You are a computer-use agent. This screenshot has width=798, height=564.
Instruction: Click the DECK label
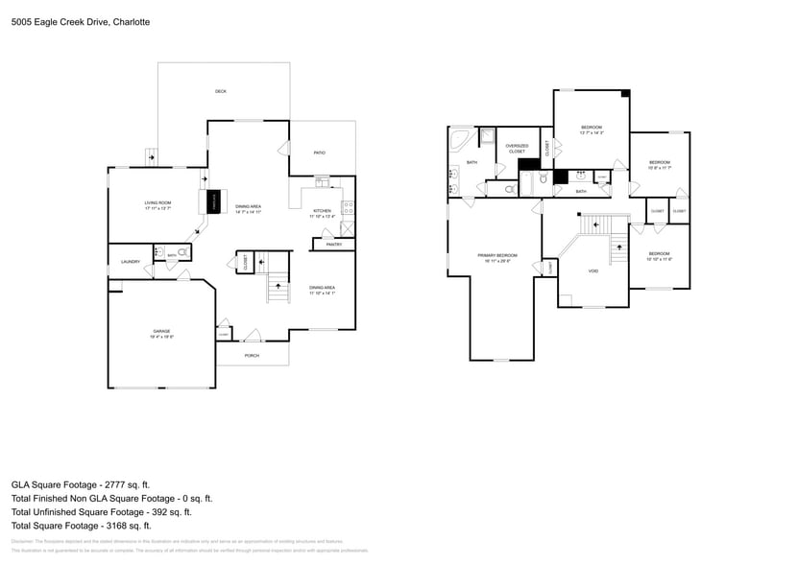(x=221, y=91)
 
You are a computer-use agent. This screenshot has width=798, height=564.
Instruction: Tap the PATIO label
(x=320, y=153)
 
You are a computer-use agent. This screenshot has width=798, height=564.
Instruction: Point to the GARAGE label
(x=160, y=331)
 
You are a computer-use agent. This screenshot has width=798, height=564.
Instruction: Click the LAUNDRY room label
(x=131, y=261)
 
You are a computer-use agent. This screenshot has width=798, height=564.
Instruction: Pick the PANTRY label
(x=334, y=245)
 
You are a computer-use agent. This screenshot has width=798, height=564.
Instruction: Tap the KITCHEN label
(x=322, y=211)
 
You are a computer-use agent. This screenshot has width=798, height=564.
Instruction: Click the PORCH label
(x=252, y=356)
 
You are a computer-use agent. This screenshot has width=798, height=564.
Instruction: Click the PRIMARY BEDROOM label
(x=497, y=254)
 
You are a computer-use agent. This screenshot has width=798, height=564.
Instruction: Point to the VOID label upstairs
(x=593, y=270)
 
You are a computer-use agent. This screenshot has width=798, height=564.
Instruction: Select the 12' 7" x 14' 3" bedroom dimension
(x=592, y=133)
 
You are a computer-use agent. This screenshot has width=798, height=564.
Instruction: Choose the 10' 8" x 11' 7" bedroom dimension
(x=659, y=168)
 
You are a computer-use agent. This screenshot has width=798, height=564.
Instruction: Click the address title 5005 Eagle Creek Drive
(x=66, y=21)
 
